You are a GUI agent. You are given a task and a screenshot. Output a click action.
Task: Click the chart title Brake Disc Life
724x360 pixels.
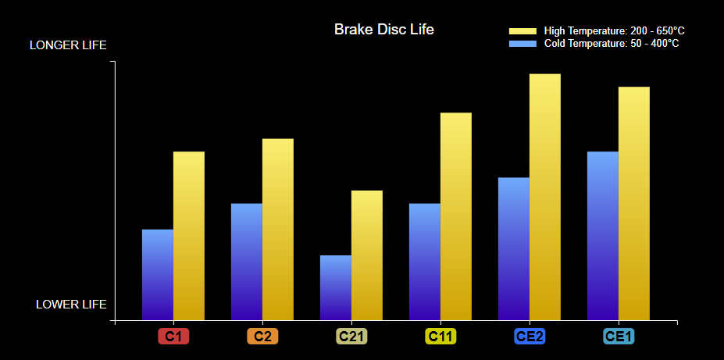[x=384, y=30]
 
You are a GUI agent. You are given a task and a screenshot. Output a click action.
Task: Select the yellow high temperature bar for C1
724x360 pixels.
[x=189, y=236]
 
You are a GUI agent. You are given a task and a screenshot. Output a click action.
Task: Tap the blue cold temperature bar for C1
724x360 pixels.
[x=158, y=275]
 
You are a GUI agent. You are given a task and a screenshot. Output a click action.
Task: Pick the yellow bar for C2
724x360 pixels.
[x=278, y=230]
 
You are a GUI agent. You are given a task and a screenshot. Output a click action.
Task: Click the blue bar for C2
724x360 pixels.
[x=247, y=262]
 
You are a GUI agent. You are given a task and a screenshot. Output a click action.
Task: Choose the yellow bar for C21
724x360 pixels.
[x=367, y=255]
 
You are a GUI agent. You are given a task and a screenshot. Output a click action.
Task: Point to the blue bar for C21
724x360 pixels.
[x=336, y=287]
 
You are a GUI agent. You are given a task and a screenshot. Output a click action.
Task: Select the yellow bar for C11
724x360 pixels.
[x=456, y=216]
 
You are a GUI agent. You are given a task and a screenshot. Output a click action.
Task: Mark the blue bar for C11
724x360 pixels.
[x=425, y=262]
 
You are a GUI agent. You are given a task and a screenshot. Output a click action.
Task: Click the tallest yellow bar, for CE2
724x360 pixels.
[x=545, y=197]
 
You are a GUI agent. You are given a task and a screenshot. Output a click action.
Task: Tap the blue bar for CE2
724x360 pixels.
[x=514, y=249]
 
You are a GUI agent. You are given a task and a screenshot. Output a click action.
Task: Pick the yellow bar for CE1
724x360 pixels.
[x=634, y=204]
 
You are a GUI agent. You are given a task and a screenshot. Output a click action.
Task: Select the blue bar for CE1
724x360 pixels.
[x=603, y=236]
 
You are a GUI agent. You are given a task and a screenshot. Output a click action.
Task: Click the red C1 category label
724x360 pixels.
[x=173, y=337]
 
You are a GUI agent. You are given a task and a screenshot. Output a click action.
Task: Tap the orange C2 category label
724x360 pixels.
[x=262, y=337]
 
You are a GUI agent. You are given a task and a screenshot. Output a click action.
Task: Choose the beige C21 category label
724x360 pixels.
[x=351, y=337]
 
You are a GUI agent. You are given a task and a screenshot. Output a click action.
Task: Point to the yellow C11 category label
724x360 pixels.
[x=440, y=337]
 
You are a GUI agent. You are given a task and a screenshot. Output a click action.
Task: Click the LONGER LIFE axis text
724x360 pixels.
[x=68, y=45]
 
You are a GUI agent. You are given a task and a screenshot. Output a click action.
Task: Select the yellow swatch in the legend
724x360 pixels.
[x=522, y=31]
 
